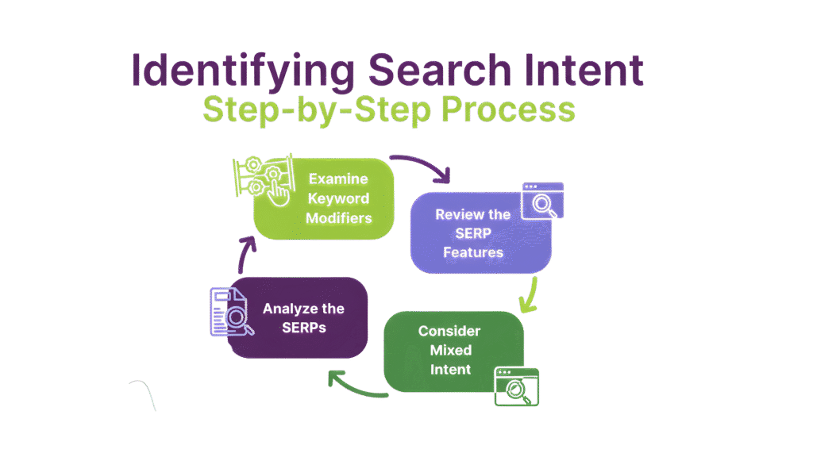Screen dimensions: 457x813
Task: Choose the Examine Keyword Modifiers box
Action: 326,198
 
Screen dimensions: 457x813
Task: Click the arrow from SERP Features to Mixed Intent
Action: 528,294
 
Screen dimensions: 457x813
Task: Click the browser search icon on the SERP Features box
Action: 542,201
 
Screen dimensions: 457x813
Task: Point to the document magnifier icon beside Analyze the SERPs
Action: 229,313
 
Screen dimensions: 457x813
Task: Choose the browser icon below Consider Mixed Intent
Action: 515,387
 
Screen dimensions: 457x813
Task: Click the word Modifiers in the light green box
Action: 339,218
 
